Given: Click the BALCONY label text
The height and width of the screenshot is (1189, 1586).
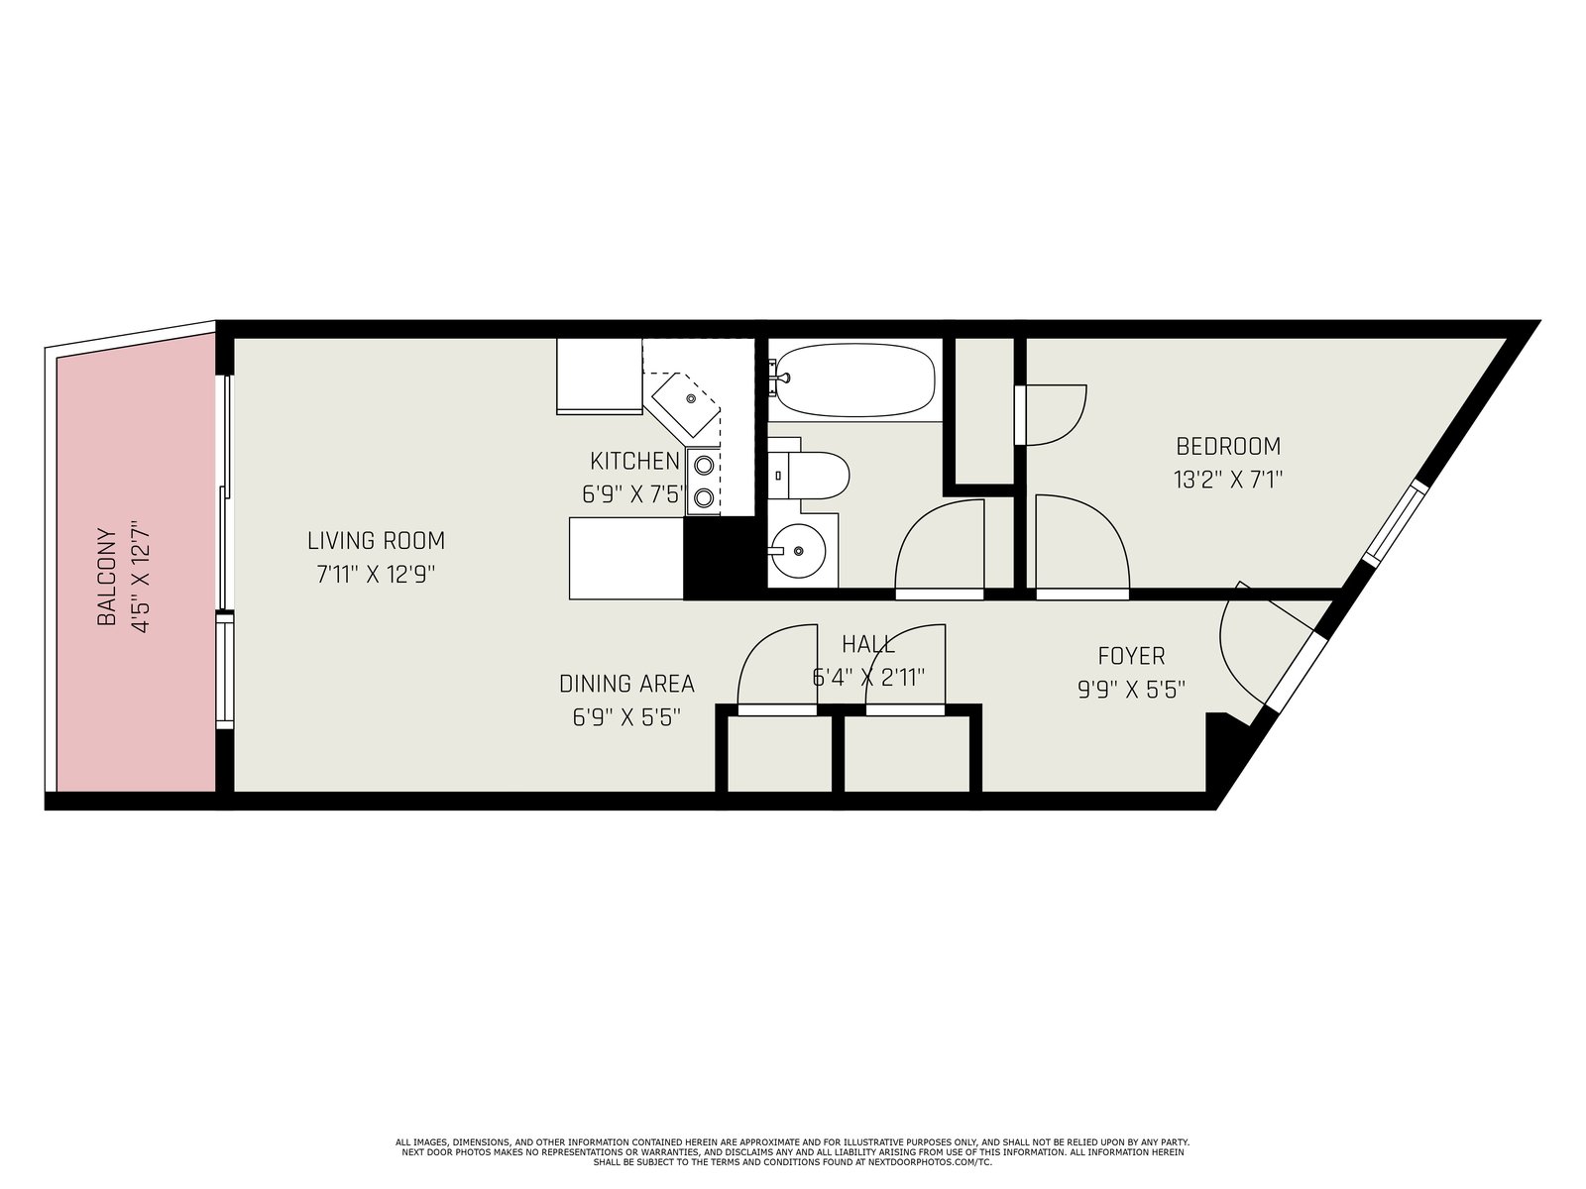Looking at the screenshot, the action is point(106,578).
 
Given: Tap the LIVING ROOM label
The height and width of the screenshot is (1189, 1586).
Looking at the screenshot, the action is point(376,541).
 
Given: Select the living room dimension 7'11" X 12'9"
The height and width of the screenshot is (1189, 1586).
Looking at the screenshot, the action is point(376,575).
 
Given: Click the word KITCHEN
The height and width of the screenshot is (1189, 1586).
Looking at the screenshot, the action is point(634,461).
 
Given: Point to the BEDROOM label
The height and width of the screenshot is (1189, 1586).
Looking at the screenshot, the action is point(1227,446).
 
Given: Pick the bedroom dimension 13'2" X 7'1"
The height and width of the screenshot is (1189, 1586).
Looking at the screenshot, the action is point(1227,481).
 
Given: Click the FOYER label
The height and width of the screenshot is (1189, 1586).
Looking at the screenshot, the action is point(1131,656).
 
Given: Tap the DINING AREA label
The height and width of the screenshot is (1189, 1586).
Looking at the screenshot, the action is point(626,684).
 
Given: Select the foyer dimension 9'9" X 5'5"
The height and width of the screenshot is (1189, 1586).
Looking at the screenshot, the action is point(1131,691).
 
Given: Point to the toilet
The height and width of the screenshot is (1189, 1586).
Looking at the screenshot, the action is point(809,476).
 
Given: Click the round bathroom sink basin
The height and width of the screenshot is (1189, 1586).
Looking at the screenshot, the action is point(798,551).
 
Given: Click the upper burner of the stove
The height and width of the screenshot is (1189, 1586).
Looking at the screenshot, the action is point(704,466).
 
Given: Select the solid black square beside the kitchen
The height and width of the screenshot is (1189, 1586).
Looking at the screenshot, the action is point(720,557).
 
